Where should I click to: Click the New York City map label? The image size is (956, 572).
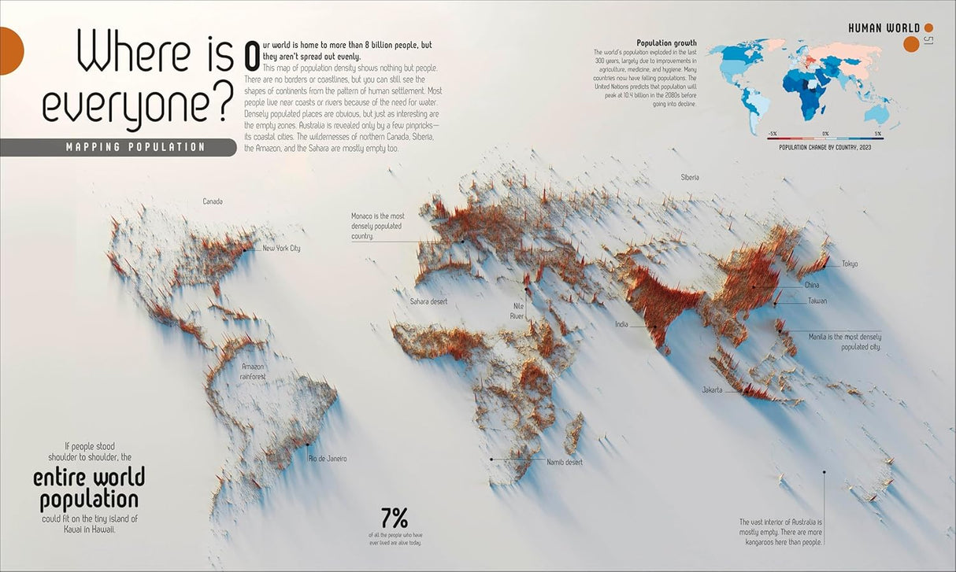[x=281, y=249]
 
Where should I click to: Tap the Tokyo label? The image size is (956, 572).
[x=849, y=264]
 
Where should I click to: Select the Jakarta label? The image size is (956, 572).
[x=712, y=389]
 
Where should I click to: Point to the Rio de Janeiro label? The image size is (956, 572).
[x=328, y=458]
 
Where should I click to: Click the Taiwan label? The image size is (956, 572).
[x=817, y=301]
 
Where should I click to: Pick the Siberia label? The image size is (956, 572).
[x=690, y=178]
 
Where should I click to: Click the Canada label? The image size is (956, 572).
[x=213, y=201]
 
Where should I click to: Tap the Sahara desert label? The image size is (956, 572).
[x=428, y=301]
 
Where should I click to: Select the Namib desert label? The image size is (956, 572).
[x=565, y=462]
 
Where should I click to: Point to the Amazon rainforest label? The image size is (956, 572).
[x=253, y=371]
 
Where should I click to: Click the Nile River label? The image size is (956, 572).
[x=517, y=311]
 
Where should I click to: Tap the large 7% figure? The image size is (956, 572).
[x=395, y=518]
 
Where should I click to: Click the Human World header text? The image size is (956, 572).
[x=884, y=28]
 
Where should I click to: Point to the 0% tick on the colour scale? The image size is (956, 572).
[x=825, y=134]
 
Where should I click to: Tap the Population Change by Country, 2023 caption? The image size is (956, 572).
[x=825, y=147]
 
